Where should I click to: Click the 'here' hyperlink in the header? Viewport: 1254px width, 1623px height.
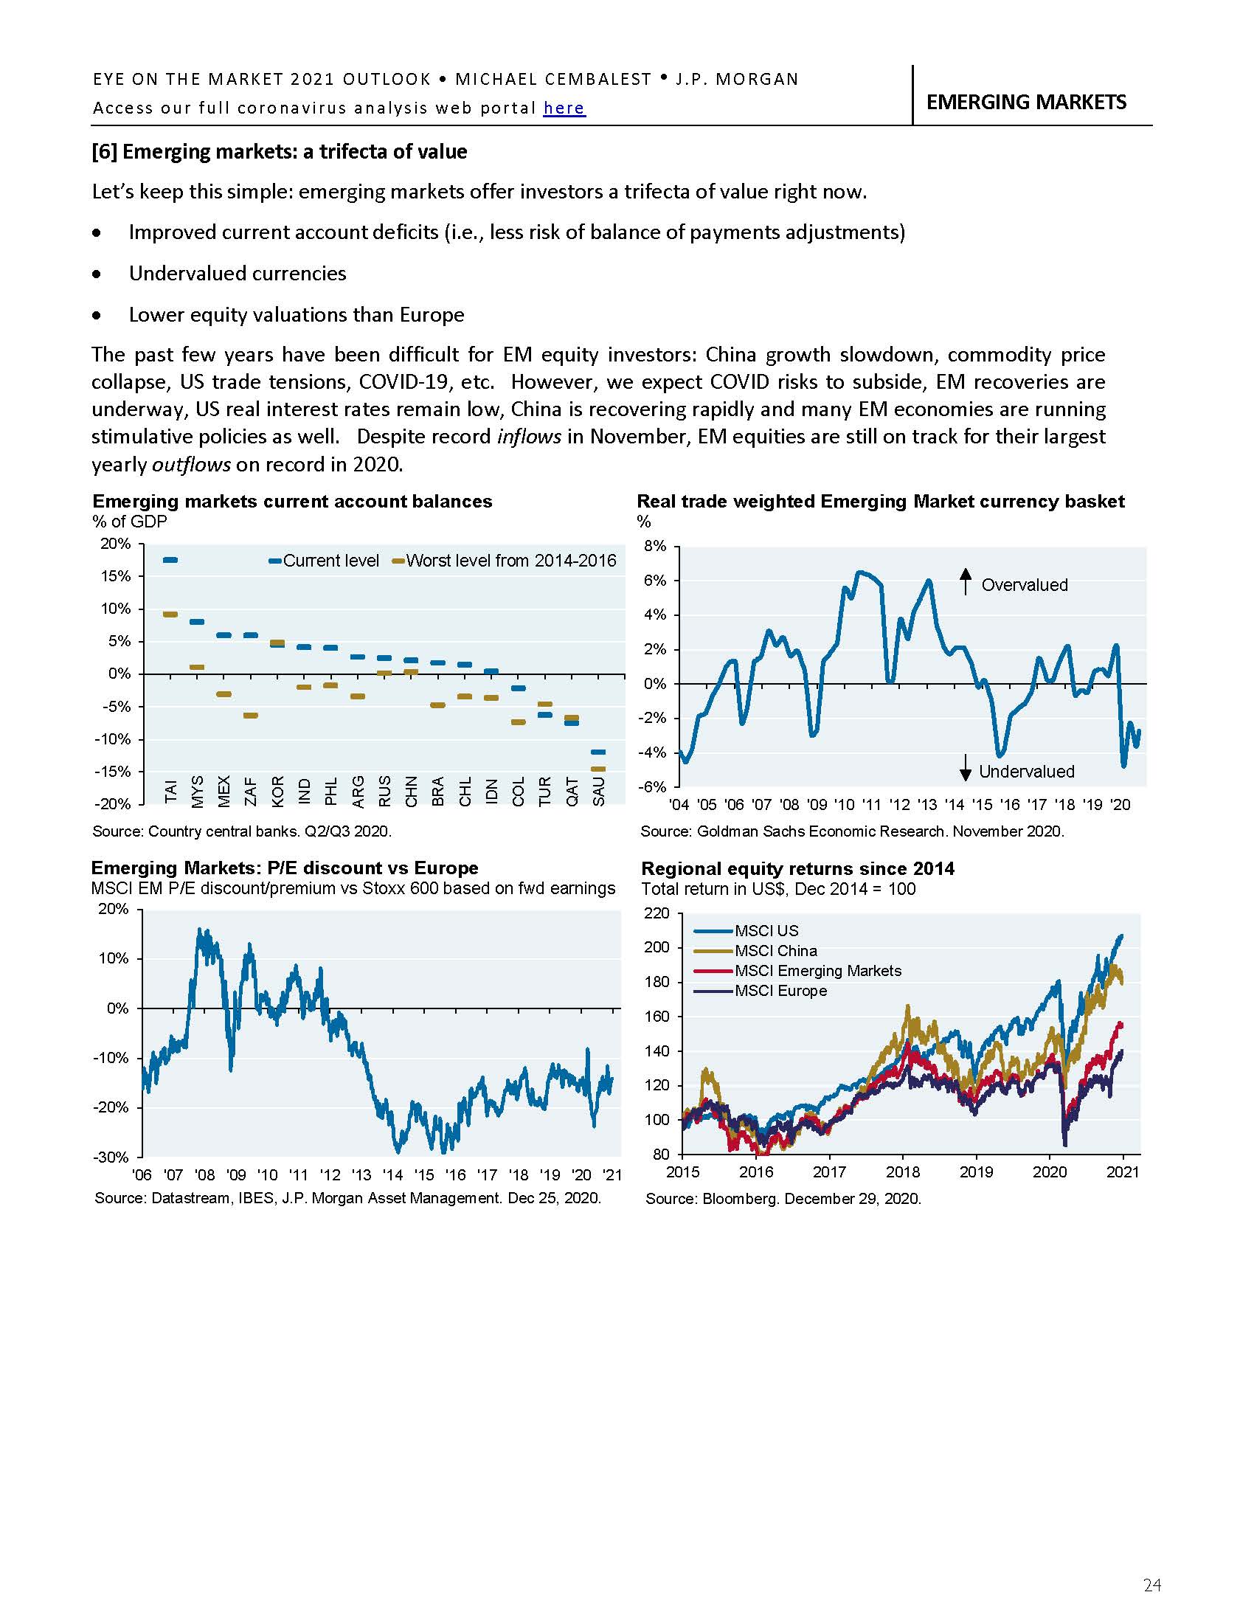[x=564, y=108]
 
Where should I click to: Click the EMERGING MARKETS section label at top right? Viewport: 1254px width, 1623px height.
[x=1026, y=102]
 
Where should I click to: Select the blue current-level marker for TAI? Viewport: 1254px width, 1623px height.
[x=170, y=561]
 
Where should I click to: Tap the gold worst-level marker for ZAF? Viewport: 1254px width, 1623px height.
[x=250, y=716]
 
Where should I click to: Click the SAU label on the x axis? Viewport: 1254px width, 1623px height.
[x=599, y=790]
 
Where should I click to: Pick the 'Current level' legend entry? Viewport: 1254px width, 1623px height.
[x=324, y=561]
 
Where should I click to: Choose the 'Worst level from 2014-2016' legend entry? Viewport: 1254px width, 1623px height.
[x=505, y=561]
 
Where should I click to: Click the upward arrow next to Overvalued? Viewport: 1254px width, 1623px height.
[x=965, y=581]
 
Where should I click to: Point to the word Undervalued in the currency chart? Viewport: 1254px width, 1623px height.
[x=1026, y=772]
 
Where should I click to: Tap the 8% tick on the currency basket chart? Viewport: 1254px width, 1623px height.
[x=655, y=546]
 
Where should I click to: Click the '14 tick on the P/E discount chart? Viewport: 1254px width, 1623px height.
[x=392, y=1175]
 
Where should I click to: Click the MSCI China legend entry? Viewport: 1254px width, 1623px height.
[x=775, y=950]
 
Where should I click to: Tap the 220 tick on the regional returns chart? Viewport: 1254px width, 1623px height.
[x=657, y=913]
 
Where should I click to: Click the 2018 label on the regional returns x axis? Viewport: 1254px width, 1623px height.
[x=902, y=1172]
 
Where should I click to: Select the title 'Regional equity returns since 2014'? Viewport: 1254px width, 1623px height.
[x=797, y=868]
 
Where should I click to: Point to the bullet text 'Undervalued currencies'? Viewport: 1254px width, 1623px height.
[x=238, y=274]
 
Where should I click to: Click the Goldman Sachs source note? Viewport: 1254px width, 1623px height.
[x=852, y=831]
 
